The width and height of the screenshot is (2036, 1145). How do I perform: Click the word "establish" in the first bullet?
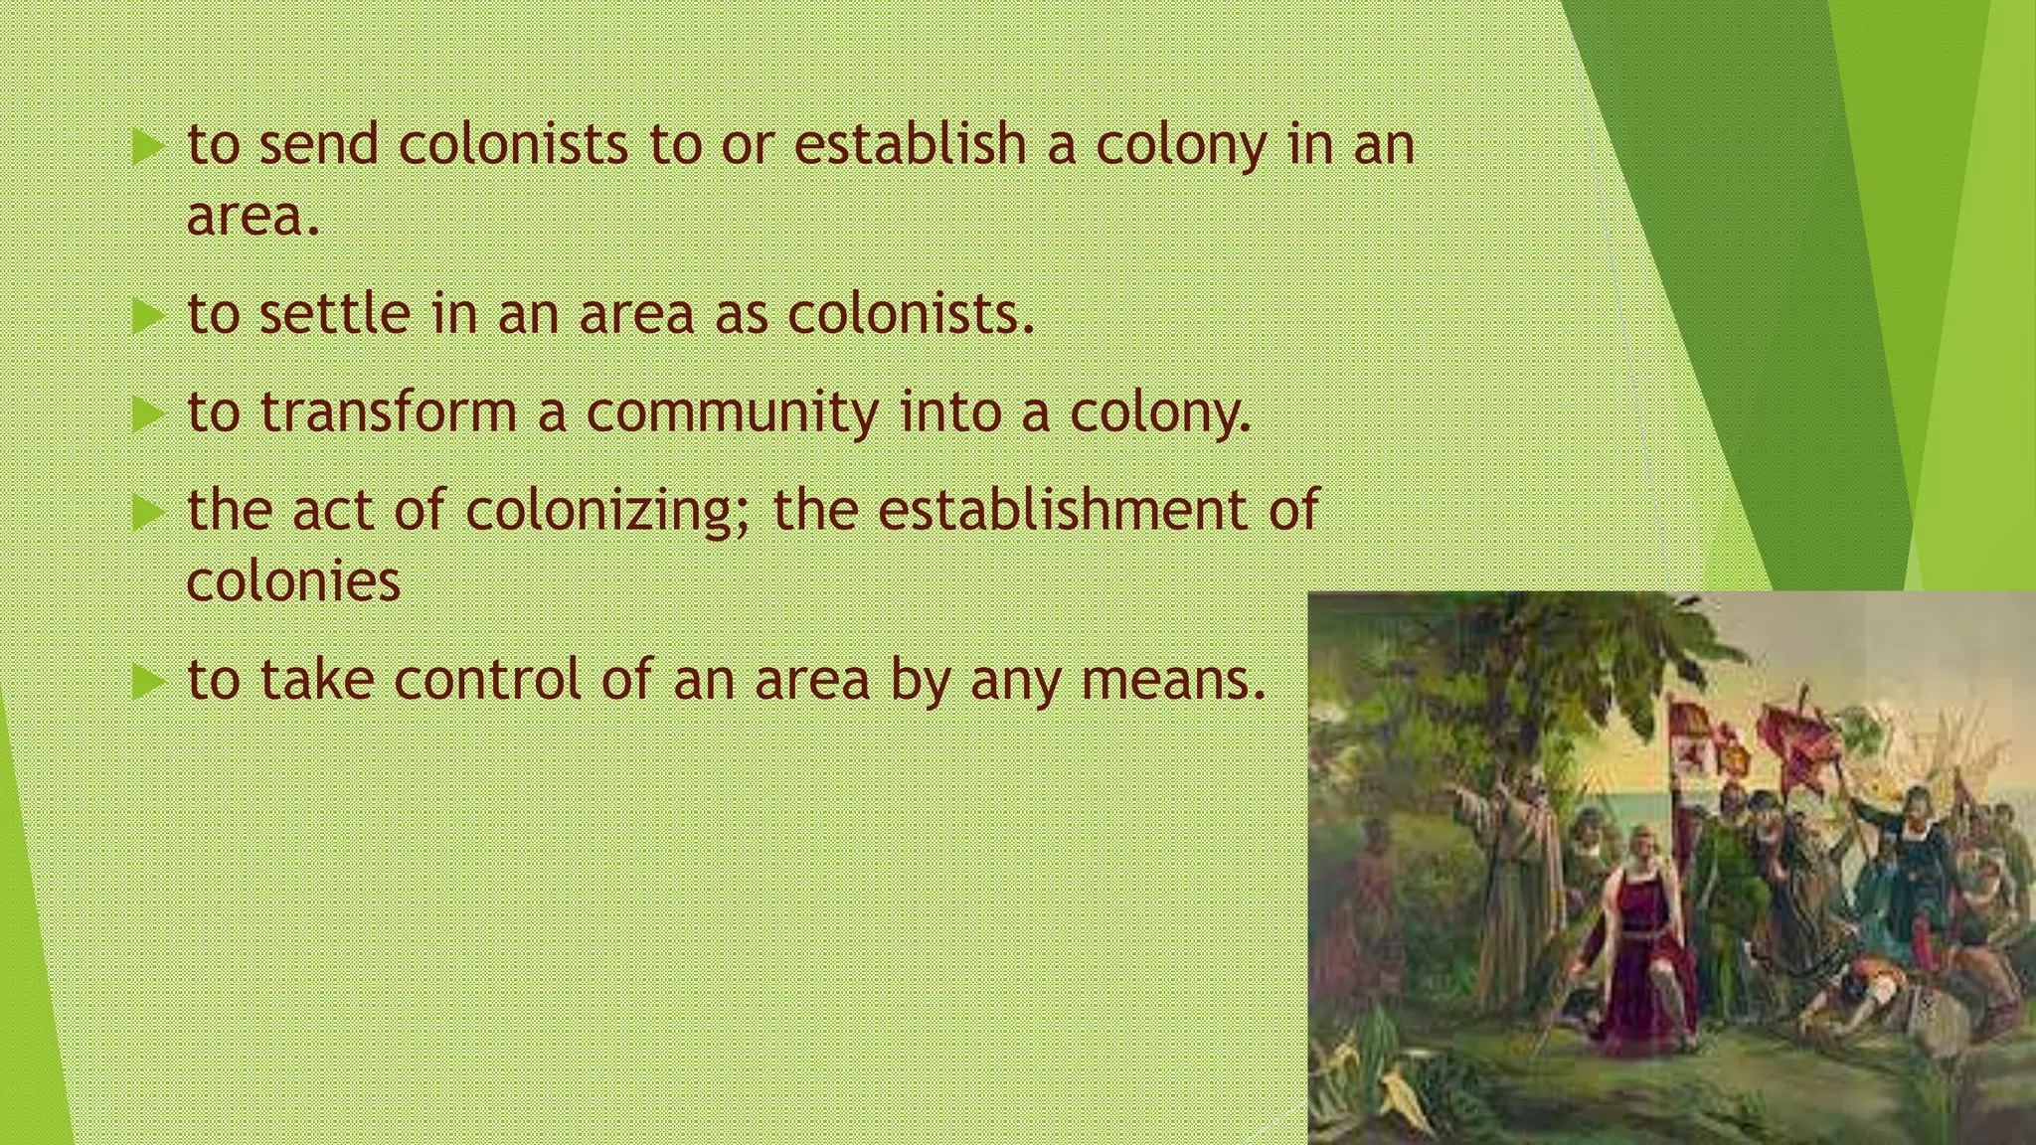[x=910, y=144]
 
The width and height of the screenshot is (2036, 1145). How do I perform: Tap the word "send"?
[x=318, y=144]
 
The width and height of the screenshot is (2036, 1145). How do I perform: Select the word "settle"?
[x=334, y=314]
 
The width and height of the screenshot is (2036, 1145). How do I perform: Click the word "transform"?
[x=389, y=411]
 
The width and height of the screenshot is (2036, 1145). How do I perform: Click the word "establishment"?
[x=1063, y=509]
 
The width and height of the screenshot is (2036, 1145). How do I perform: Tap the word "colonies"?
[x=293, y=581]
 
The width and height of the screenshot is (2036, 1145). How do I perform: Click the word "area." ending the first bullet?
[x=254, y=216]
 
